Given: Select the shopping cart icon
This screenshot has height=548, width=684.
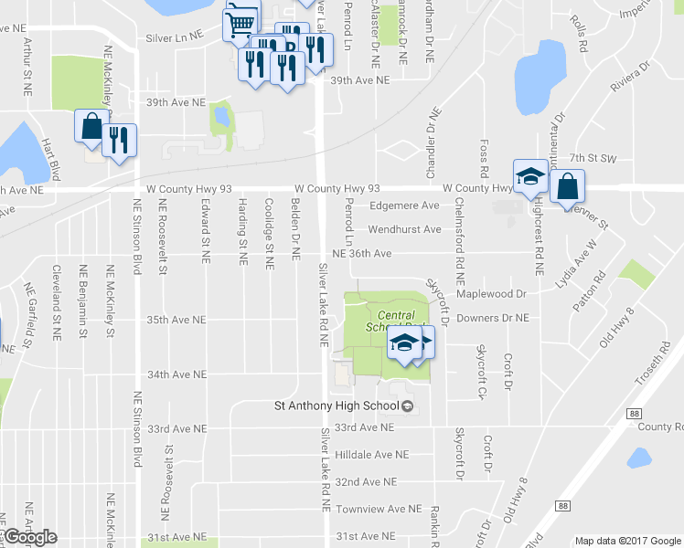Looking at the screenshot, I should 240,22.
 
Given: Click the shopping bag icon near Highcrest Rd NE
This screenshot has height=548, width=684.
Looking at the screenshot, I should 568,185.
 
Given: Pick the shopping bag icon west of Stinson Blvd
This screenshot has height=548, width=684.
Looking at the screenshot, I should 91,127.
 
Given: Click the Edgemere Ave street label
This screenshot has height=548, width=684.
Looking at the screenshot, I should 404,206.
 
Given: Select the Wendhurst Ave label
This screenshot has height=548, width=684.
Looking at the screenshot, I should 404,229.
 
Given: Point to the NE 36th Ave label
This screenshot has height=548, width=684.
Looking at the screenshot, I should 361,253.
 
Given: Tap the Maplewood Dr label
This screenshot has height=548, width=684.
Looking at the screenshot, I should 496,294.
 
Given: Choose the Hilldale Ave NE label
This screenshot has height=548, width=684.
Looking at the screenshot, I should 370,454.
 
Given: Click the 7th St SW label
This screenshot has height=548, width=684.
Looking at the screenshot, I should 593,158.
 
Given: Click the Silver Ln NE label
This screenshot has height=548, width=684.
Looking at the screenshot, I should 177,39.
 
